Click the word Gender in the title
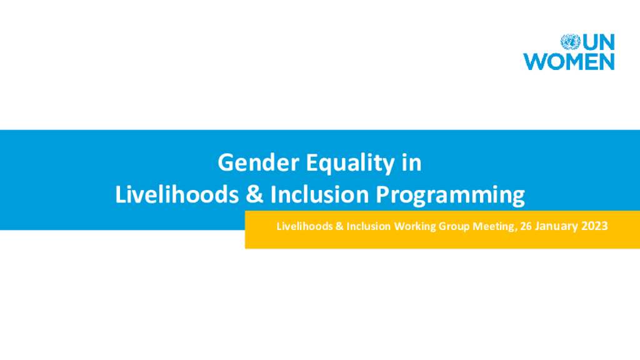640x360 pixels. coord(258,162)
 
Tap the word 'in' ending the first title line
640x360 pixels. coord(411,162)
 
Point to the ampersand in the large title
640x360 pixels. coord(254,195)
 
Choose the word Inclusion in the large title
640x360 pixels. coord(319,194)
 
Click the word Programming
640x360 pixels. coord(450,196)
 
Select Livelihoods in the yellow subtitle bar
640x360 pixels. coord(304,226)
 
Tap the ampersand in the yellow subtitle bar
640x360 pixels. coord(339,226)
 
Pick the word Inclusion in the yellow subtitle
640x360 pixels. coord(369,226)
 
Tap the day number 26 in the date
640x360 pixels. coord(526,226)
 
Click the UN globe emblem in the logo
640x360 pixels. coord(570,42)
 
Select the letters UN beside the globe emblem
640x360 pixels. coord(598,42)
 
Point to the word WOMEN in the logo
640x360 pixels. coord(569,62)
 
